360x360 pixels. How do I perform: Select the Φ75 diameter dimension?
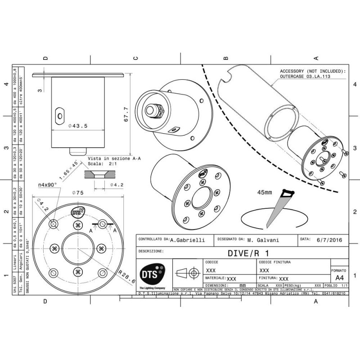(x=78, y=193)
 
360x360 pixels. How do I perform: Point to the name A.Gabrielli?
(x=188, y=240)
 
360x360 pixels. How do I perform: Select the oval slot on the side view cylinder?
(x=59, y=115)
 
